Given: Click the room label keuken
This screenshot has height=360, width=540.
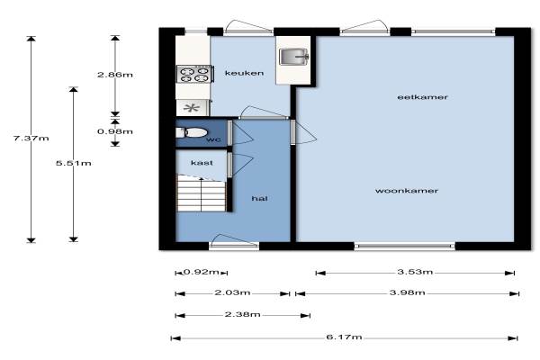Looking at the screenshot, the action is pos(244,73).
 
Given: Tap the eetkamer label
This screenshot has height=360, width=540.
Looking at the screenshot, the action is pos(422,97).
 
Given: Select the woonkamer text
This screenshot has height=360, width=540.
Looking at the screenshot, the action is pos(407,191).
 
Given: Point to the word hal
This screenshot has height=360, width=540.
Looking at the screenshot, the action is pos(260,198).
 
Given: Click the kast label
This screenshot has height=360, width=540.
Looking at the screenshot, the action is pos(202,163).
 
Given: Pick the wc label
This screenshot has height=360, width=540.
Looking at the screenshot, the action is pos(213,139).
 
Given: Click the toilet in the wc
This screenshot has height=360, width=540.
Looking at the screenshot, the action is pos(192,132).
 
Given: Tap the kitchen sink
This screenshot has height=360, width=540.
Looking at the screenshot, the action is pos(293,57).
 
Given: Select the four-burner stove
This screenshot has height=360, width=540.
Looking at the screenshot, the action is pos(194,75).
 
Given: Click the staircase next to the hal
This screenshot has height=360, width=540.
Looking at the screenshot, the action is pos(202,193).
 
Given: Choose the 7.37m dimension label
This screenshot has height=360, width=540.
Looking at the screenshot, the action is pos(31,139).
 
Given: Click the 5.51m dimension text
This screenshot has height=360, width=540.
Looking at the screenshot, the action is pos(74,163).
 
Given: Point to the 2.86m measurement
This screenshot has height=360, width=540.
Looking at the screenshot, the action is pos(115,75).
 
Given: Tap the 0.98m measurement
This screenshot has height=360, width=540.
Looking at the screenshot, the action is pos(115,131).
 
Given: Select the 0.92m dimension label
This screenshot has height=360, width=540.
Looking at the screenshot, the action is pos(202,272).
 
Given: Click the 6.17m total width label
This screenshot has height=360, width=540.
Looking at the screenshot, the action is pos(344,337).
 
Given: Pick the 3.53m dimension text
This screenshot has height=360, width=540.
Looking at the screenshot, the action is pos(415,272).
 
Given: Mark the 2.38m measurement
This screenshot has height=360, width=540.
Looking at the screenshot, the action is pos(242,314).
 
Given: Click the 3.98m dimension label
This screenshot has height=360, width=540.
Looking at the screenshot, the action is pos(408,292).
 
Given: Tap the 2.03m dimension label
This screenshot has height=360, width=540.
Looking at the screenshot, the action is pos(232,292).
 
